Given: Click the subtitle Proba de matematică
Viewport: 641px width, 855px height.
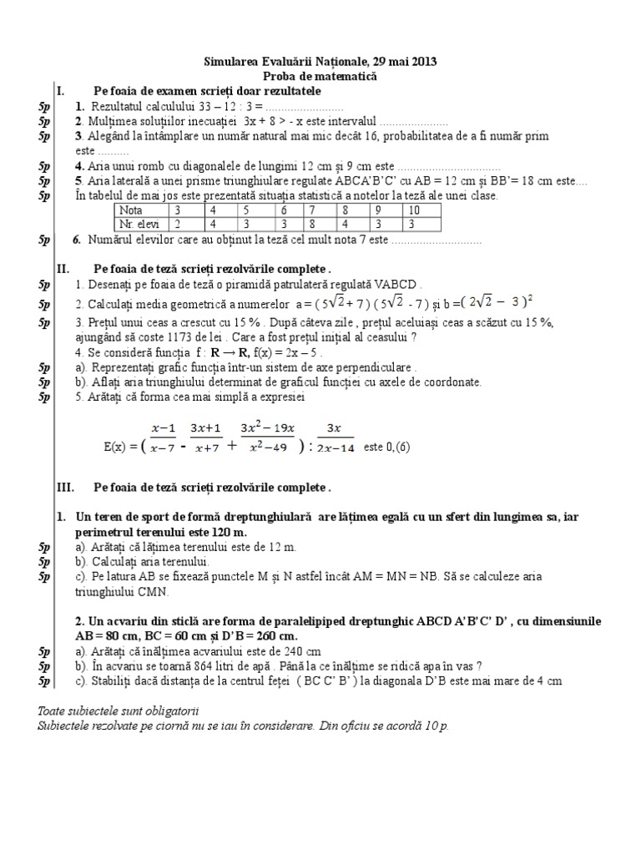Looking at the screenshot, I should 320,76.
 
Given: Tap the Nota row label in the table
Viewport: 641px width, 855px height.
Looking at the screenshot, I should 133,210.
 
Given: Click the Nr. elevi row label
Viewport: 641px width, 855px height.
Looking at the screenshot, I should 139,224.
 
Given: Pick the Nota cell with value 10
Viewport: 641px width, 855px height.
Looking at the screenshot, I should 415,210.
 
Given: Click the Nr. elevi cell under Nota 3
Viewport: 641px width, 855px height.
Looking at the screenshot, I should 177,224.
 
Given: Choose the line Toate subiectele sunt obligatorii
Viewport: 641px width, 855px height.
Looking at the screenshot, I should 119,711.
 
